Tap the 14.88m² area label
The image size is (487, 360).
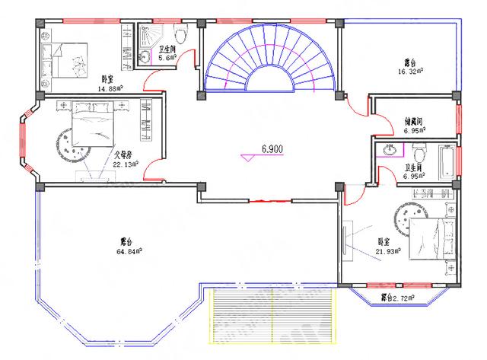click(x=110, y=88)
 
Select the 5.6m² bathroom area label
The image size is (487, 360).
click(x=168, y=58)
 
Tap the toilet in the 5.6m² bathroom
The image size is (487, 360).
click(x=180, y=34)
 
